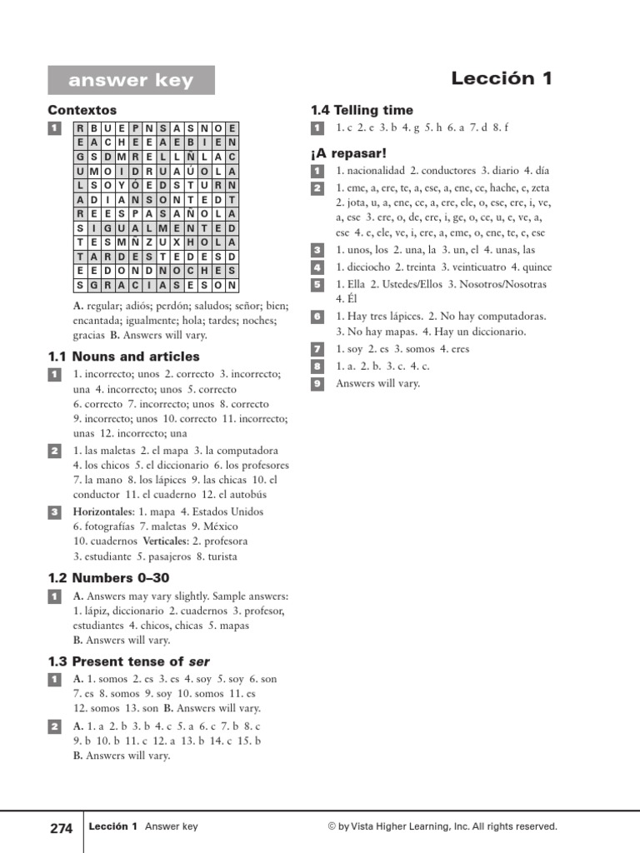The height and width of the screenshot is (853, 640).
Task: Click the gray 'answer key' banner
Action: click(x=131, y=81)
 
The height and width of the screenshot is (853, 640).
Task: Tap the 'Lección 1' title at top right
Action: click(x=502, y=78)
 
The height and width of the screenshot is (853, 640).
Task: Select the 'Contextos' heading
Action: click(x=82, y=110)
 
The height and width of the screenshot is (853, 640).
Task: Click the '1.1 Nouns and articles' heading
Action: click(x=124, y=357)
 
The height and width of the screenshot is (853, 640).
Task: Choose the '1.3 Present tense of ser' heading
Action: click(x=128, y=661)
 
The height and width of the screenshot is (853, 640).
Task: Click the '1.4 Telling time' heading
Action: click(x=362, y=110)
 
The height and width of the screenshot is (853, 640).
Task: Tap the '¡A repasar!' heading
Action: click(x=348, y=153)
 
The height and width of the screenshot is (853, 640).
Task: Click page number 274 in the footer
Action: click(x=62, y=828)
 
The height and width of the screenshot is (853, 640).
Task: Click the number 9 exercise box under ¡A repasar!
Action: click(x=317, y=383)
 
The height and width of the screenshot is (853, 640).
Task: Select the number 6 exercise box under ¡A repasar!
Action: click(x=317, y=317)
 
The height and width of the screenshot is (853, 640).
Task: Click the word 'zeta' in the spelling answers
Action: click(x=539, y=187)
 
